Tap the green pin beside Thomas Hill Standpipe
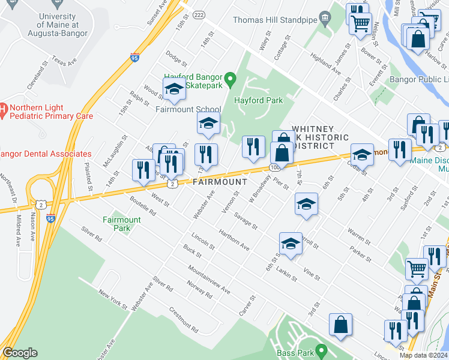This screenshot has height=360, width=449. pos(325,19)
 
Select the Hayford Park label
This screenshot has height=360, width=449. pos(258,101)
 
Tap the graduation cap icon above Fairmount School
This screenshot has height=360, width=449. pos(174,89)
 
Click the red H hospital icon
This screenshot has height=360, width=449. pos(3,110)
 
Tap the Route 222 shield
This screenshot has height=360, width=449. pos(200,14)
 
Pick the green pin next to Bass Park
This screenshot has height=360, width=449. pos(321,349)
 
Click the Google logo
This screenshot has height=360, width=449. pos(20,353)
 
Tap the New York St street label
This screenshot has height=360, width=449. pos(114,301)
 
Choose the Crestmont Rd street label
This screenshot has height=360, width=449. pos(183,320)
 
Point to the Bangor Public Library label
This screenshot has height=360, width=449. pos(419,79)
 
